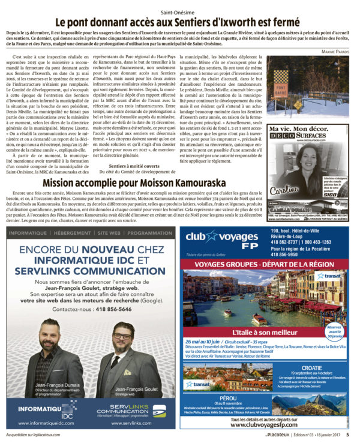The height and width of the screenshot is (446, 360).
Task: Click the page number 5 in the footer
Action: (348, 435)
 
